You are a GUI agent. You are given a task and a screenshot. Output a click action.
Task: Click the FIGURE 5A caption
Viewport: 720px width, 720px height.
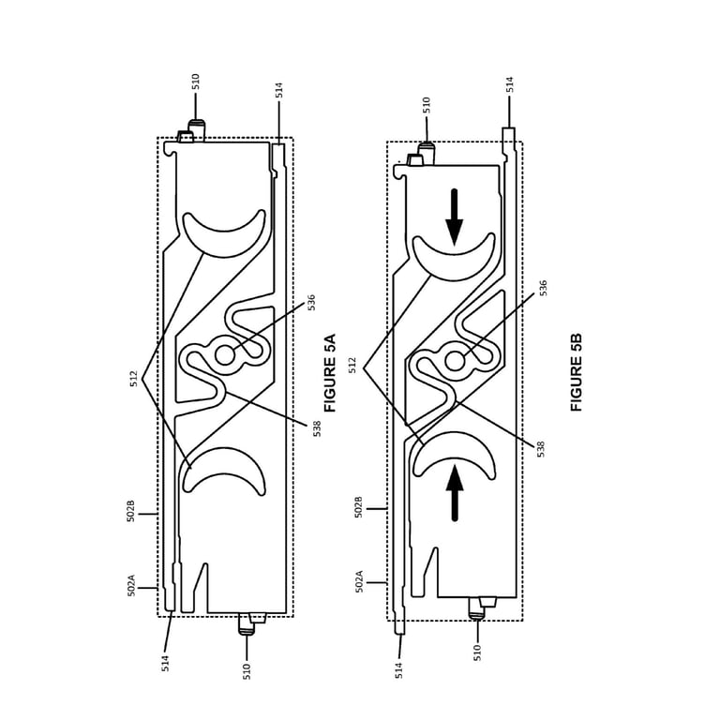click(330, 373)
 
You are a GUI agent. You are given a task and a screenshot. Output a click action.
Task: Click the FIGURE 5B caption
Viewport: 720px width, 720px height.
click(577, 372)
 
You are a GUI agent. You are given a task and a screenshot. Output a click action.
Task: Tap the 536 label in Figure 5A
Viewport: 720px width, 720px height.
click(311, 303)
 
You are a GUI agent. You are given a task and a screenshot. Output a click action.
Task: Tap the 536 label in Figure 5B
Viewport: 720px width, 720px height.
click(543, 288)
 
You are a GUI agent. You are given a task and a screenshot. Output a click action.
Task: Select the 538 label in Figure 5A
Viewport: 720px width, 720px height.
click(317, 428)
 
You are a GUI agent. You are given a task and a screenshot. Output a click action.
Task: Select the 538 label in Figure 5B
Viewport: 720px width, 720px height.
click(541, 449)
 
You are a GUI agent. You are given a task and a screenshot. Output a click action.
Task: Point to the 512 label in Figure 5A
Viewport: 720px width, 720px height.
click(134, 379)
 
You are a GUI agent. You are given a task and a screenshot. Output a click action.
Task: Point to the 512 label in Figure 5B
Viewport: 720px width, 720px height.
click(352, 366)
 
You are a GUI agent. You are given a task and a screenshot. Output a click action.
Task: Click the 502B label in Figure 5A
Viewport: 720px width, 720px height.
click(131, 511)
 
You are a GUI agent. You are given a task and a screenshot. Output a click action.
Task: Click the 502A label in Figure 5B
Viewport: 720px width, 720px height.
click(360, 581)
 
